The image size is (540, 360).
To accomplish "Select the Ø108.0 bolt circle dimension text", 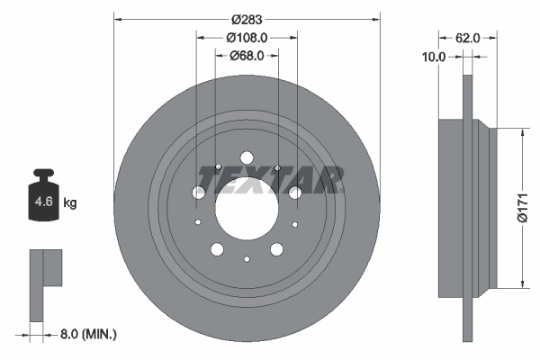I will pos(247,38).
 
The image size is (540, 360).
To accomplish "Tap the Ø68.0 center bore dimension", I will pos(247,56).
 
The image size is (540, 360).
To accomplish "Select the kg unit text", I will pos(69,203).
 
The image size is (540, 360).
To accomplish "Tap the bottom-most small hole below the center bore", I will pos(247,259).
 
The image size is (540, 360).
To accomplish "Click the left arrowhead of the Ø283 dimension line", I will pos(118,19).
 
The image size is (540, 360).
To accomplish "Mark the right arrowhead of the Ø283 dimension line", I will pos(374,19).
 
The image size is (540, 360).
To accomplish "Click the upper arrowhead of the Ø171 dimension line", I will pos(521,131).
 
